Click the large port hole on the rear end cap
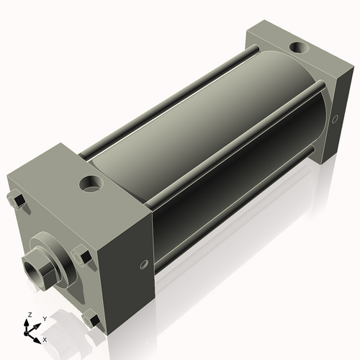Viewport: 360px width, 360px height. pos(297,49)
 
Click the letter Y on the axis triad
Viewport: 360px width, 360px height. pos(44,318)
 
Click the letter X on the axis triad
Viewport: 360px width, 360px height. pos(45,338)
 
